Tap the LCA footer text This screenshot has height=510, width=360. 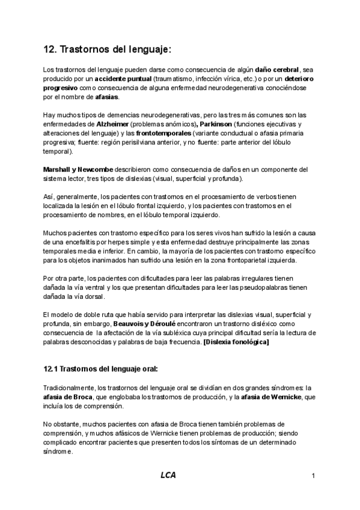click(168, 475)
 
